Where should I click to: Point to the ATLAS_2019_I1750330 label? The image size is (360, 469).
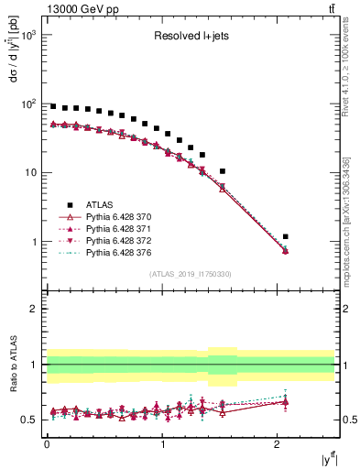click(190, 273)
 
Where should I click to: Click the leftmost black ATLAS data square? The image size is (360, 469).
click(53, 106)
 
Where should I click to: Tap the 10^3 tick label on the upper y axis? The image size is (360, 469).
click(28, 35)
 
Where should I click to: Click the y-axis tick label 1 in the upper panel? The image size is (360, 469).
click(37, 242)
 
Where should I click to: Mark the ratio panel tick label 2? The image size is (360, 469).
click(37, 309)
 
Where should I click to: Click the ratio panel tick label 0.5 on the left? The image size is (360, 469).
click(31, 420)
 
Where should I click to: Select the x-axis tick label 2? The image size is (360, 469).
click(278, 444)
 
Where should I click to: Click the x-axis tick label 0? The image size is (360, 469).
click(47, 444)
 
